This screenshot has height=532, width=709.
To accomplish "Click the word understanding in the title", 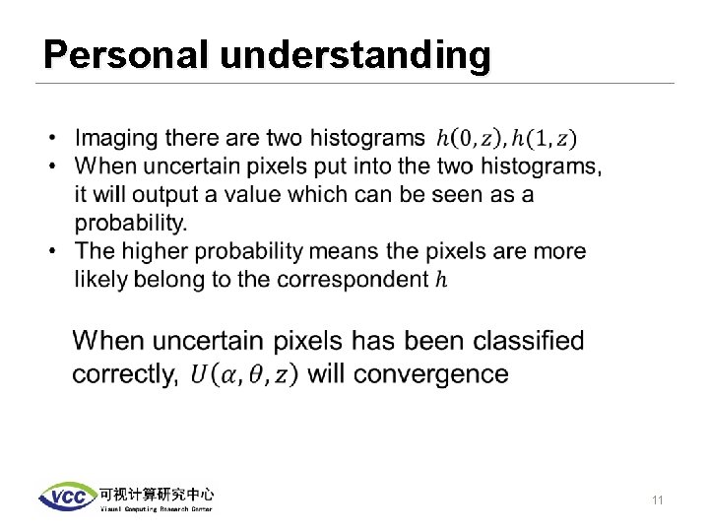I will point(355,57).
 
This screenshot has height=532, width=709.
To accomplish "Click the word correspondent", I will point(353,280).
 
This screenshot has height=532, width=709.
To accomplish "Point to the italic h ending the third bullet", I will point(440,280).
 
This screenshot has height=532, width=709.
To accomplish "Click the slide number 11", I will point(657,501).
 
